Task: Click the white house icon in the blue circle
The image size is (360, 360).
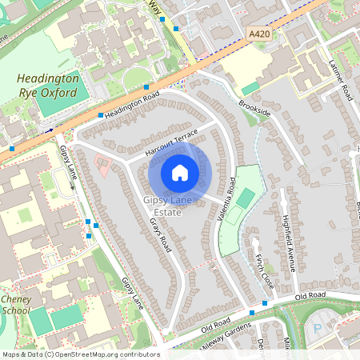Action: (x=180, y=173)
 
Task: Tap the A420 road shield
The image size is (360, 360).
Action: (x=260, y=34)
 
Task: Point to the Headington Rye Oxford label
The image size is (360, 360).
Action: (x=48, y=86)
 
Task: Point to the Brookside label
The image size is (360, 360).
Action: (x=254, y=110)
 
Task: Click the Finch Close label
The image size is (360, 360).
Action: (x=263, y=274)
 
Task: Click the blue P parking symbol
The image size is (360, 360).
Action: (x=317, y=328)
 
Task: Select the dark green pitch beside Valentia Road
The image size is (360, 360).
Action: (x=246, y=198)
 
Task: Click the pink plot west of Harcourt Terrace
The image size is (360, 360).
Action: (x=104, y=166)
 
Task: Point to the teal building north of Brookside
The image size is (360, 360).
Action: (x=251, y=88)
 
